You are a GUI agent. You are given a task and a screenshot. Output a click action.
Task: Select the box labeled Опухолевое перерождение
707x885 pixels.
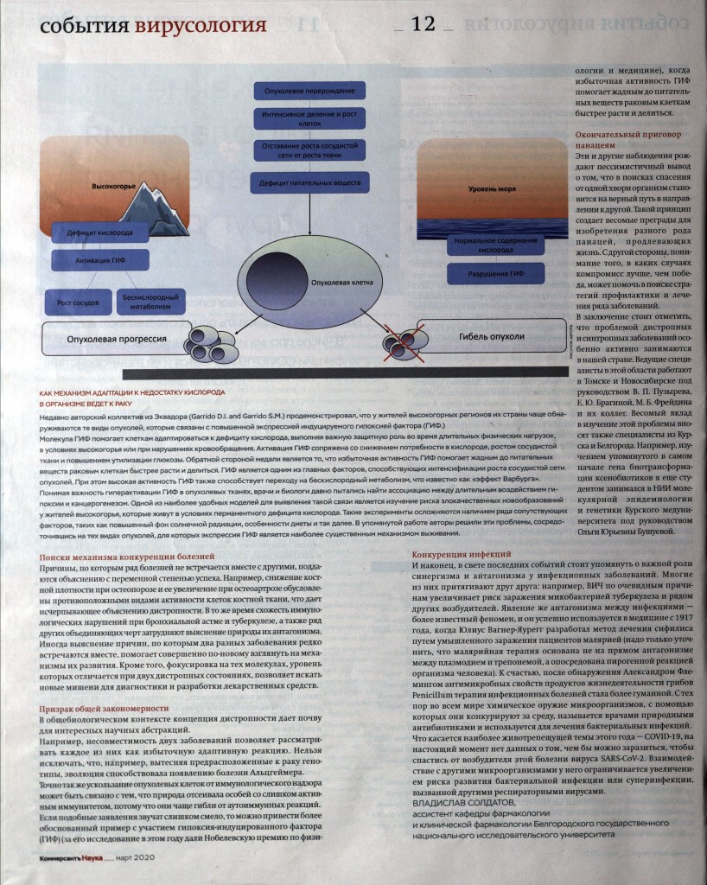coord(309,91)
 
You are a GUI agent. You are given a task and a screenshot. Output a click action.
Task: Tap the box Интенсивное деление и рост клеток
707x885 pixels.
coord(309,118)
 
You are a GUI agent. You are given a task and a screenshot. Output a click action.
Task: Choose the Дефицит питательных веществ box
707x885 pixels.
coord(309,182)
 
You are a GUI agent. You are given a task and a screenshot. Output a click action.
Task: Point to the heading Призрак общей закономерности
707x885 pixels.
coord(100,708)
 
